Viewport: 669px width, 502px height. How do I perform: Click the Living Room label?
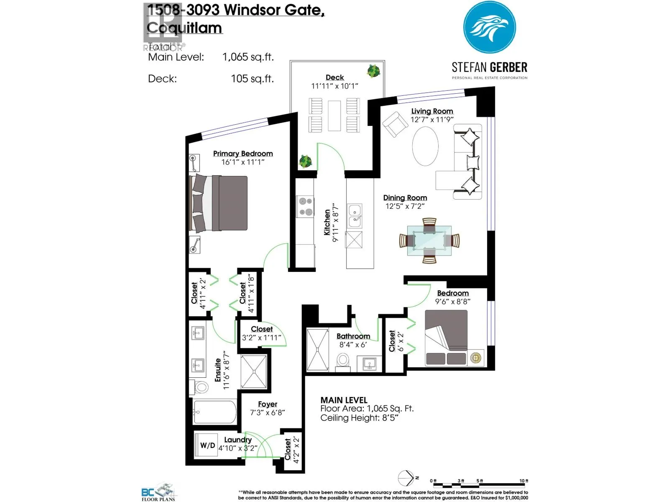[x=432, y=111]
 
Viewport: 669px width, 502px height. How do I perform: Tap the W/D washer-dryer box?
[x=207, y=445]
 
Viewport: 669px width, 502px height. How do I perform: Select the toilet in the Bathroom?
[x=343, y=360]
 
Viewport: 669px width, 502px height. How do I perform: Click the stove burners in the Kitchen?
[x=305, y=207]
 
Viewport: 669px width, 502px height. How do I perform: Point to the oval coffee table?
[x=425, y=146]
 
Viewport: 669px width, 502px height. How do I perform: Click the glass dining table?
[x=429, y=241]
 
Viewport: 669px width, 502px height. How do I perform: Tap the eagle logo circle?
[x=489, y=28]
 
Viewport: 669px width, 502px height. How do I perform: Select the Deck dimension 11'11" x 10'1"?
[x=334, y=86]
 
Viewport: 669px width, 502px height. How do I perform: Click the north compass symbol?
[x=406, y=478]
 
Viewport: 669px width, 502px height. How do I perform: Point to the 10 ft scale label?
[x=523, y=481]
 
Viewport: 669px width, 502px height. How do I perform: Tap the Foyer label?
[x=268, y=404]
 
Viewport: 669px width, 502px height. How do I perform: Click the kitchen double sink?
[x=355, y=216]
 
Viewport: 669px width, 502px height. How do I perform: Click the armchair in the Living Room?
[x=394, y=124]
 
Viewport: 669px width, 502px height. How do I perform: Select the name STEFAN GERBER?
[x=489, y=67]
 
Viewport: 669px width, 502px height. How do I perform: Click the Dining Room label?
[x=405, y=198]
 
